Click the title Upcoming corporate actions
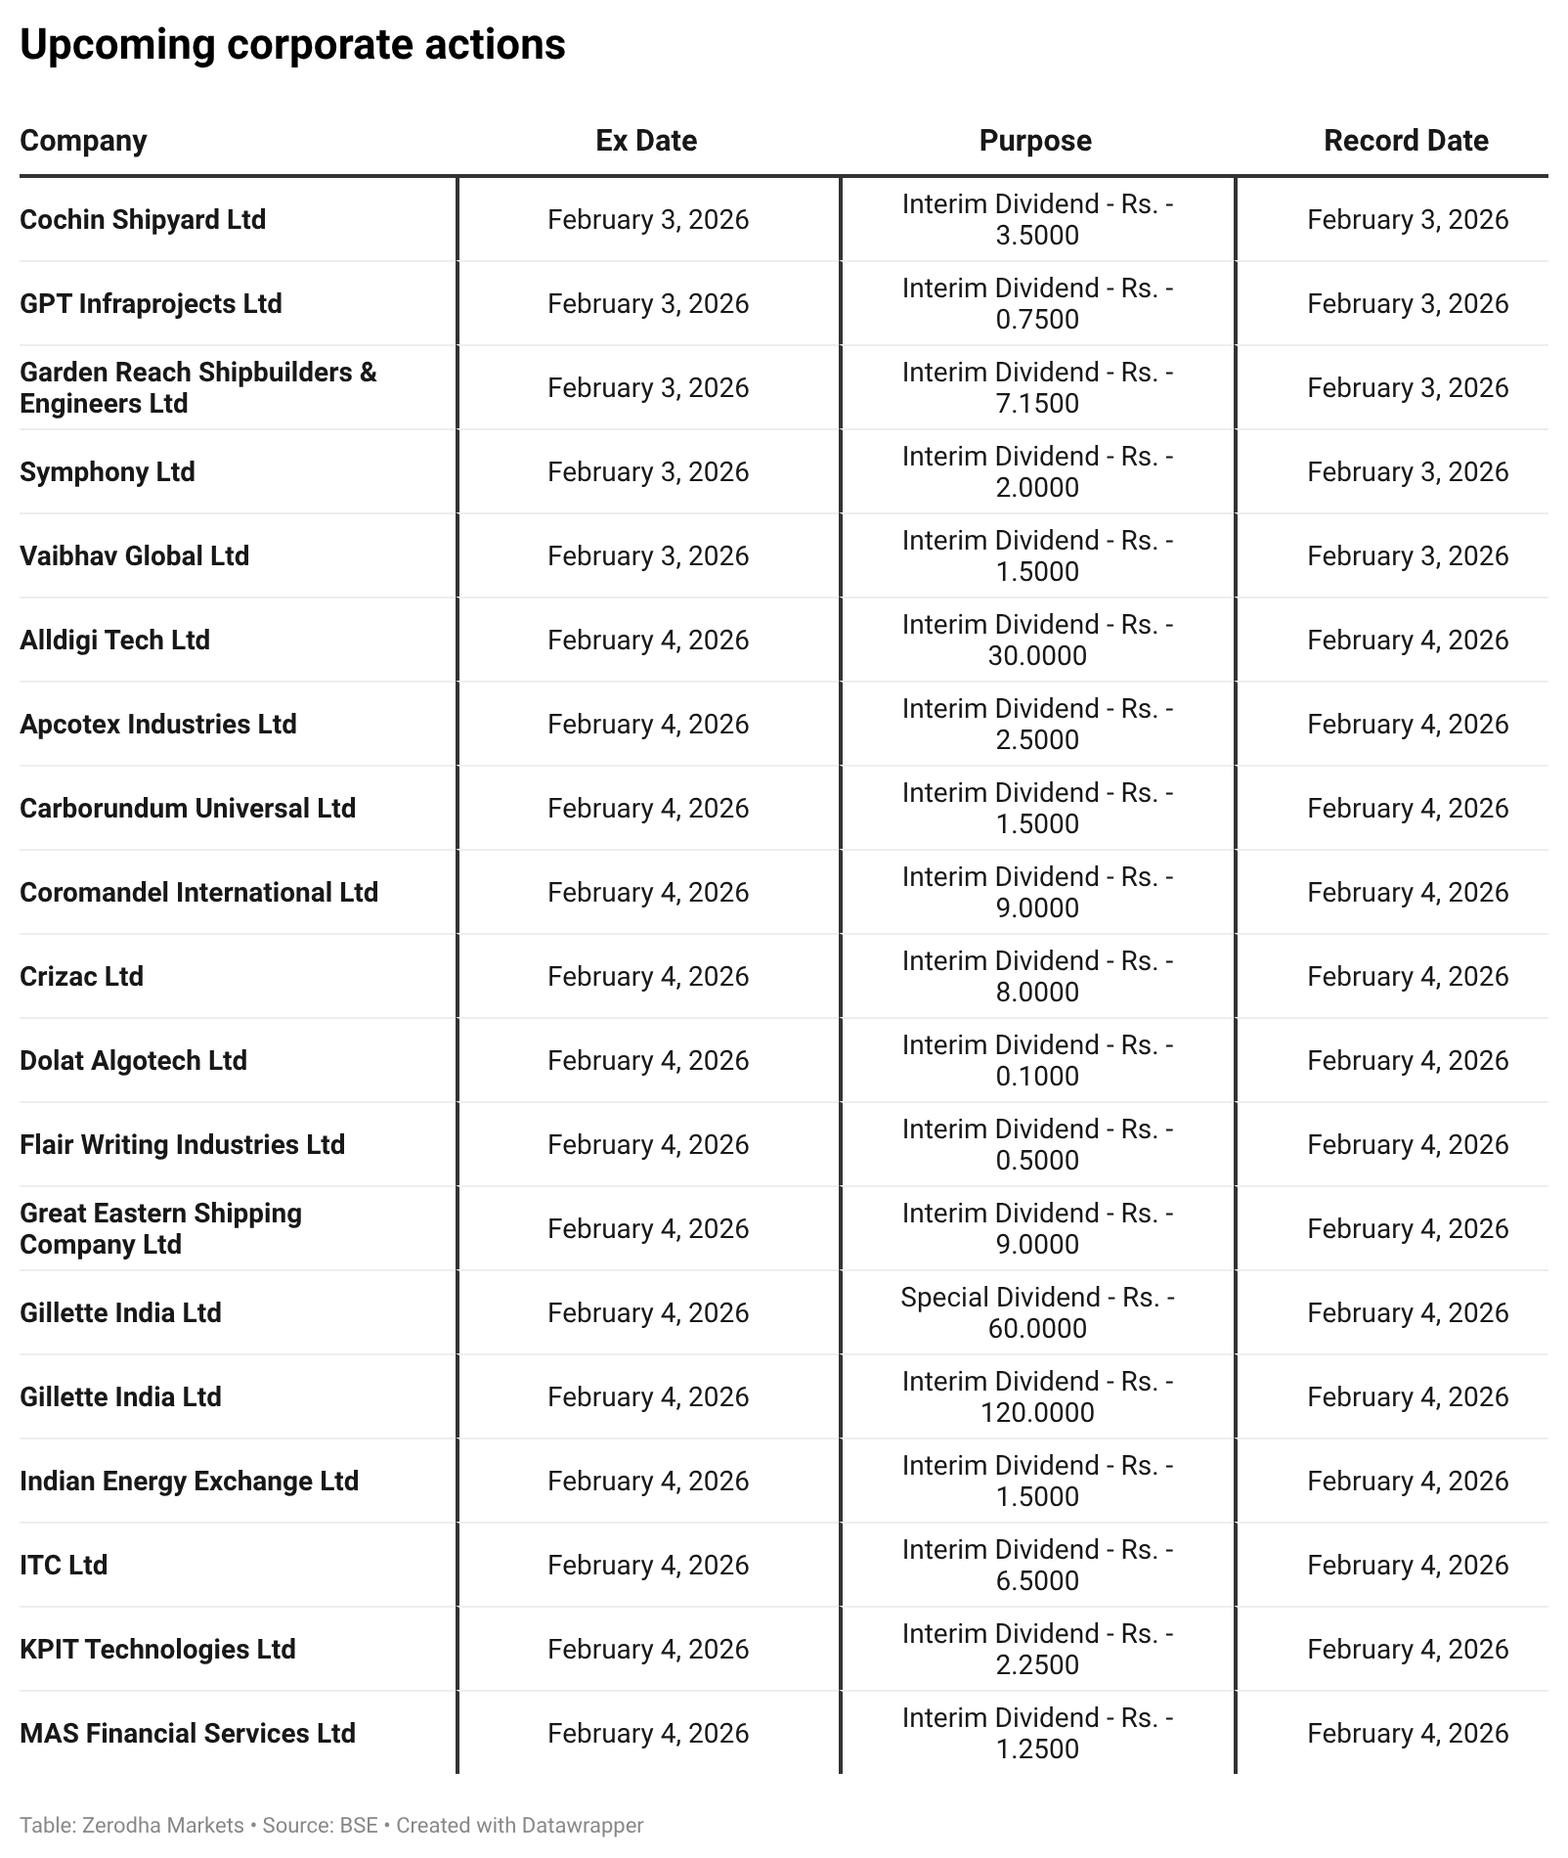point(292,45)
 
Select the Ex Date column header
point(646,141)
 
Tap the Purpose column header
point(1035,141)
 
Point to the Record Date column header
point(1406,141)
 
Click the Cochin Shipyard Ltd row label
point(143,219)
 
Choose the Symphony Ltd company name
point(108,471)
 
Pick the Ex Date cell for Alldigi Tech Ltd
point(648,640)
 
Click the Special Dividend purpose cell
point(1037,1312)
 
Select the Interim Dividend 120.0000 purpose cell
point(1037,1396)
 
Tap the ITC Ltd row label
point(64,1565)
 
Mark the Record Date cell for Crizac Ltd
point(1408,976)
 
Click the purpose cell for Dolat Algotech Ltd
point(1037,1060)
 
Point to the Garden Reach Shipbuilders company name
point(197,387)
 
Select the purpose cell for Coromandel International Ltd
point(1037,892)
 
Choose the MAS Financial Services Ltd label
point(188,1733)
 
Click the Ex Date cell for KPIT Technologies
point(648,1649)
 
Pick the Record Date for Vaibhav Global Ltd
point(1408,555)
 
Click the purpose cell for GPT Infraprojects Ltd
point(1037,303)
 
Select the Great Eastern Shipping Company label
point(160,1228)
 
